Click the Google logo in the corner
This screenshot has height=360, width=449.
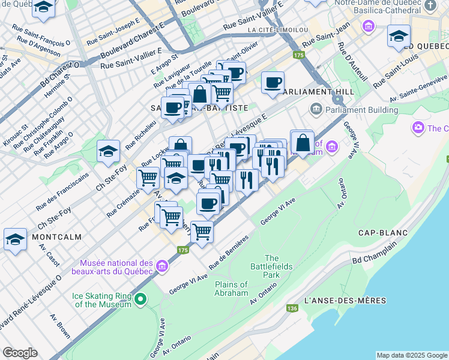click(x=20, y=353)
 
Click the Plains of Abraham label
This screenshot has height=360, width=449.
click(x=231, y=289)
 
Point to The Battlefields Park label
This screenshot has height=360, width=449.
click(x=271, y=266)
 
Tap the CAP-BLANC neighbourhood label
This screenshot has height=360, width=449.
click(x=383, y=233)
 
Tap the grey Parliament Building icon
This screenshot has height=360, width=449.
click(x=315, y=109)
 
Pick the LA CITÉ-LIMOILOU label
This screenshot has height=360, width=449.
click(x=277, y=30)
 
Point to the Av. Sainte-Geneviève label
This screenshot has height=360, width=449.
click(x=414, y=92)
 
